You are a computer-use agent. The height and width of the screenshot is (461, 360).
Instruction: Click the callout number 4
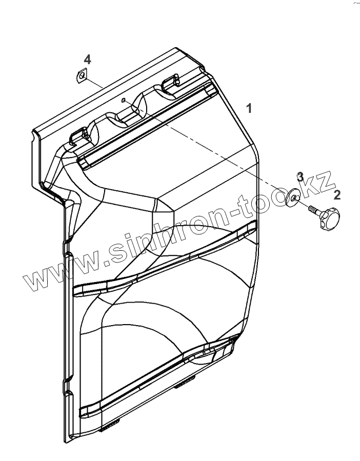88,59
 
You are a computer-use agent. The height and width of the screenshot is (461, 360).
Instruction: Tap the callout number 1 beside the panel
249,109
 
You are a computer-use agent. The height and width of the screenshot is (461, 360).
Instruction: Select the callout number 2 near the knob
337,194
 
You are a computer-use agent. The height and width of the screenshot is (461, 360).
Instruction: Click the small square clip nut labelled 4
81,75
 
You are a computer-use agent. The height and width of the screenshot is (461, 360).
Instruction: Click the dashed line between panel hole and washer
205,149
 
